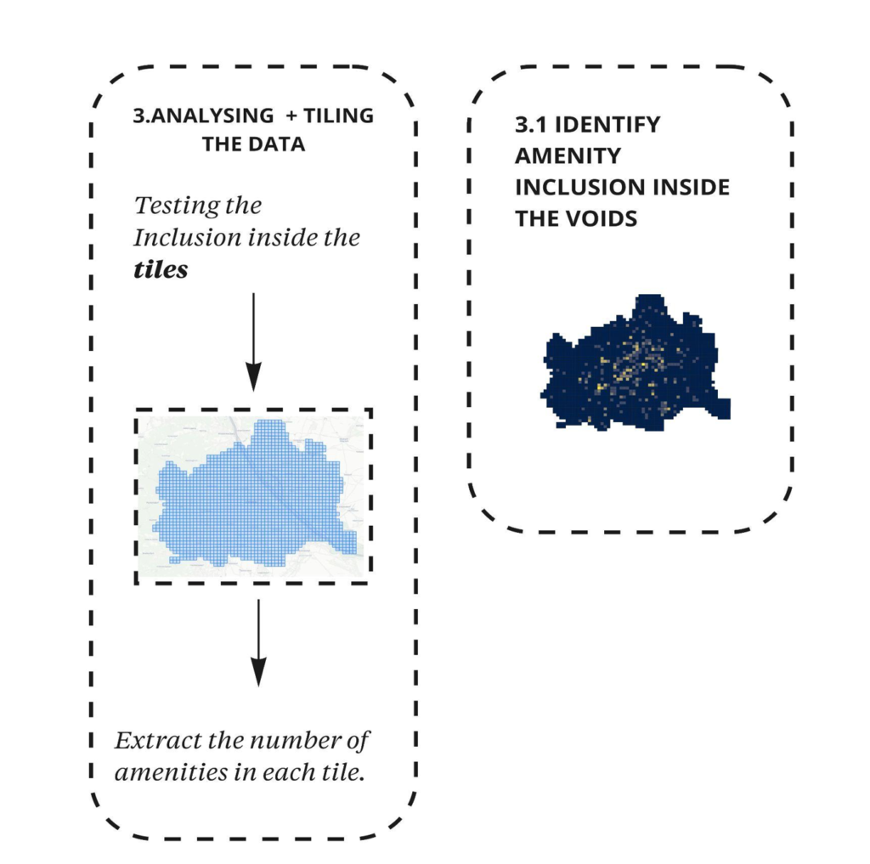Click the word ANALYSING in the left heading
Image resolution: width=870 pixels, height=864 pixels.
coord(212,116)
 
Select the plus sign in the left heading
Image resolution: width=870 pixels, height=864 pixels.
coord(292,116)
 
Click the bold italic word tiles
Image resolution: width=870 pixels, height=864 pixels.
coord(161,269)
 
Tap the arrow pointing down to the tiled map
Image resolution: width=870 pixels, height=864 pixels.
coord(253,340)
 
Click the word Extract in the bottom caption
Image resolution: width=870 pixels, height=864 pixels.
coord(156,741)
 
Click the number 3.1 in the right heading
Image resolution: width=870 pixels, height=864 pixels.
coord(531,125)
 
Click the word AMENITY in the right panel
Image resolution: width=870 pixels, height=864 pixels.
coord(568,156)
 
